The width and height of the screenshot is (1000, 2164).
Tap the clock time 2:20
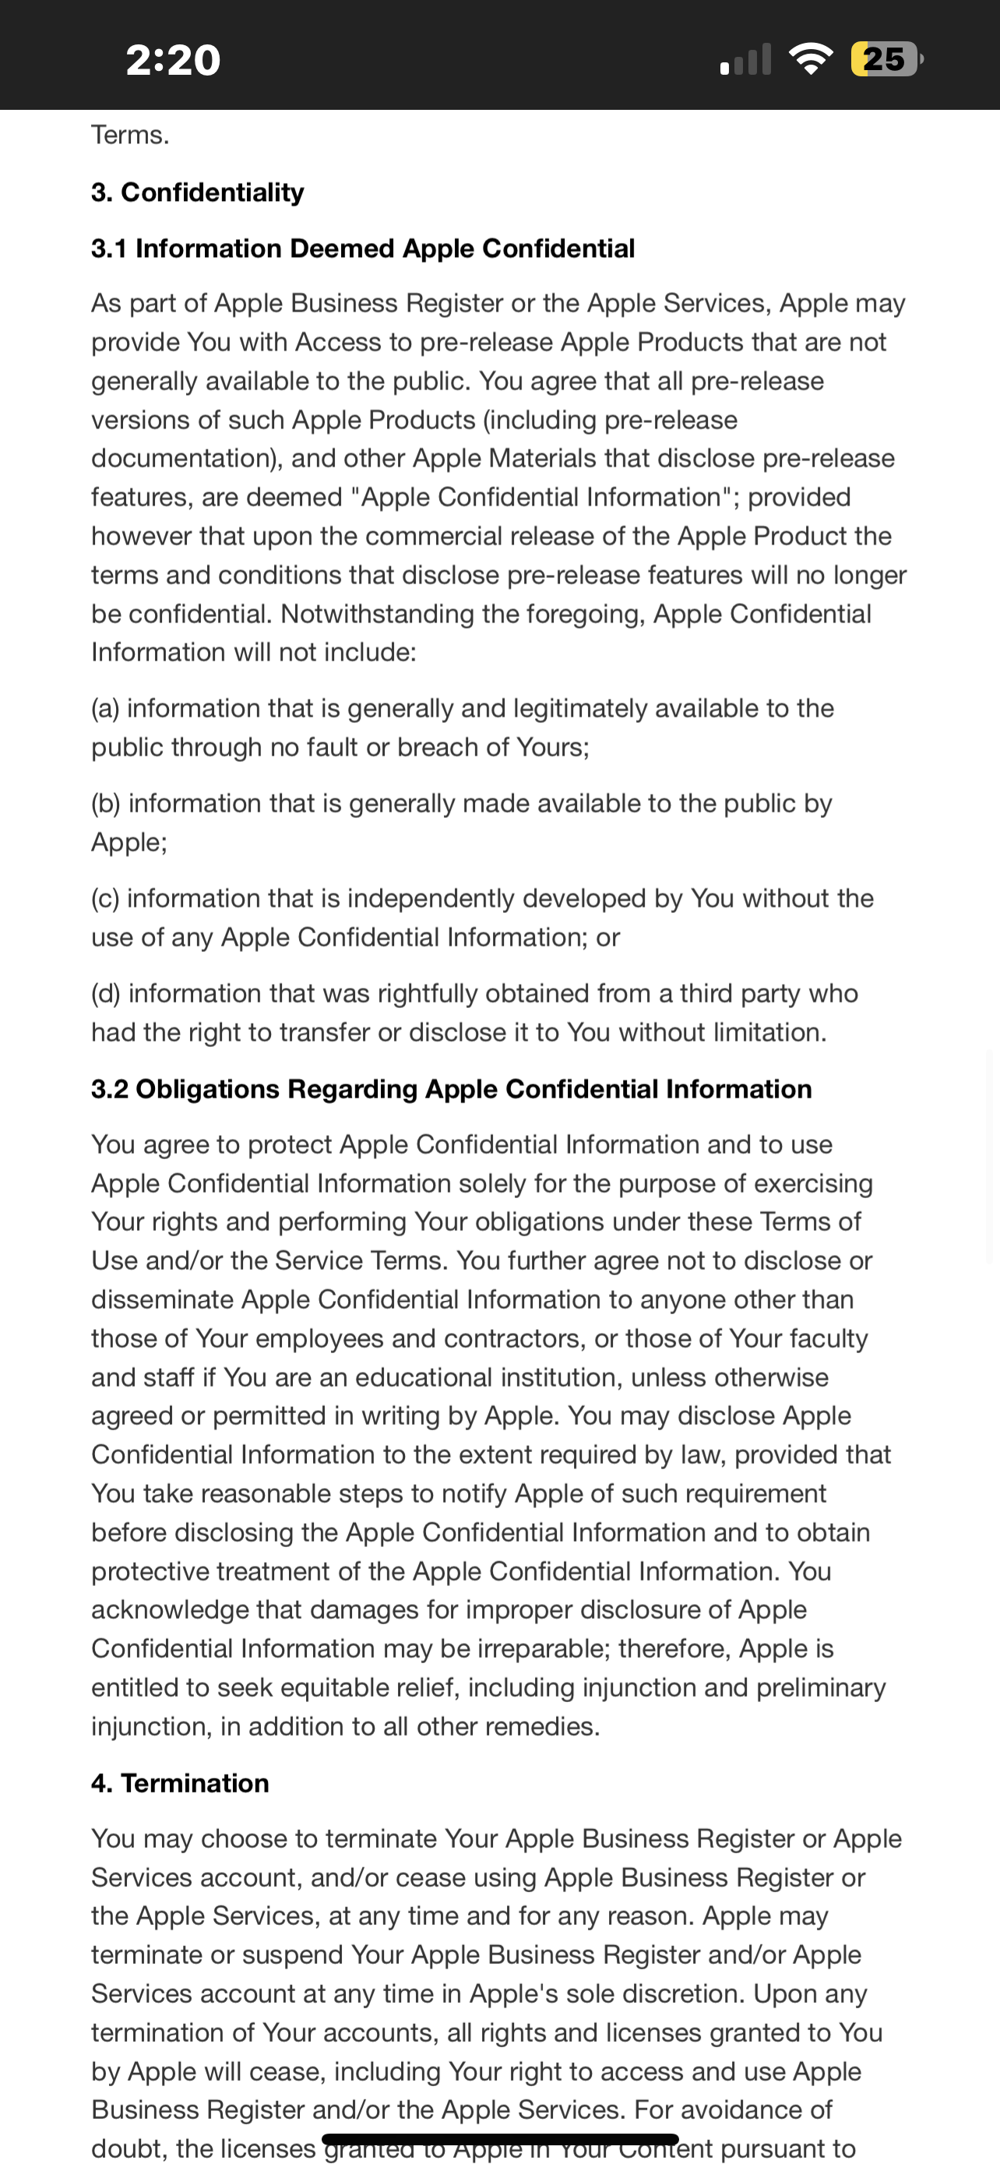pos(173,60)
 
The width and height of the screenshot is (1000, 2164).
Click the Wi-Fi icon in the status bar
pos(810,58)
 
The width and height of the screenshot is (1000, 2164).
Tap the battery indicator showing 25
pos(886,58)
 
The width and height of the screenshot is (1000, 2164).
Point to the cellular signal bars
pos(745,61)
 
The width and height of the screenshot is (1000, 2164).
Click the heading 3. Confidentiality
pos(197,192)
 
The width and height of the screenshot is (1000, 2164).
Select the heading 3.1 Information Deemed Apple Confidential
pos(363,248)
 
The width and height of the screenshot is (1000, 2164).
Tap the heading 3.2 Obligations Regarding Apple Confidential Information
pos(451,1089)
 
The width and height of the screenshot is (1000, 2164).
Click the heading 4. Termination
pos(180,1782)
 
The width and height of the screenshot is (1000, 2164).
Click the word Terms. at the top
pos(130,136)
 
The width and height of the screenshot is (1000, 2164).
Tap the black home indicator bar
pos(499,2139)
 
